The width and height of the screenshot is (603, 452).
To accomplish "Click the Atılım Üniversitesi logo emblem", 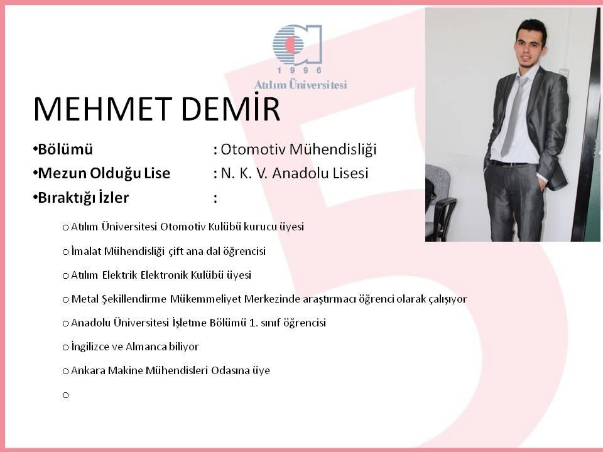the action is point(297,45).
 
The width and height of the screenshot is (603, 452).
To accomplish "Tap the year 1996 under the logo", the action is point(299,70).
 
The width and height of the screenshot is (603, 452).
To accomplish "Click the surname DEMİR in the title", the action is point(230,109).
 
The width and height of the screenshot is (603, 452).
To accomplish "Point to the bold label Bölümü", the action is point(65,149).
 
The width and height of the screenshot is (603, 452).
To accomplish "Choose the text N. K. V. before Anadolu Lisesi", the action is point(244,173).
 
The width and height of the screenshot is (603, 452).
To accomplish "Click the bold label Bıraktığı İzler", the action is point(83,198).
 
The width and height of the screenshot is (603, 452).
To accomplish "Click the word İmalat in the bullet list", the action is point(86,251).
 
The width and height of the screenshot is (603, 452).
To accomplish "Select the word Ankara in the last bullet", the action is point(88,370).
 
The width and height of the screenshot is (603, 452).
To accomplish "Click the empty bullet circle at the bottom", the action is point(65,395).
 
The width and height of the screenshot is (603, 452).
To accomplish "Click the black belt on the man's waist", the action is point(508,163).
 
